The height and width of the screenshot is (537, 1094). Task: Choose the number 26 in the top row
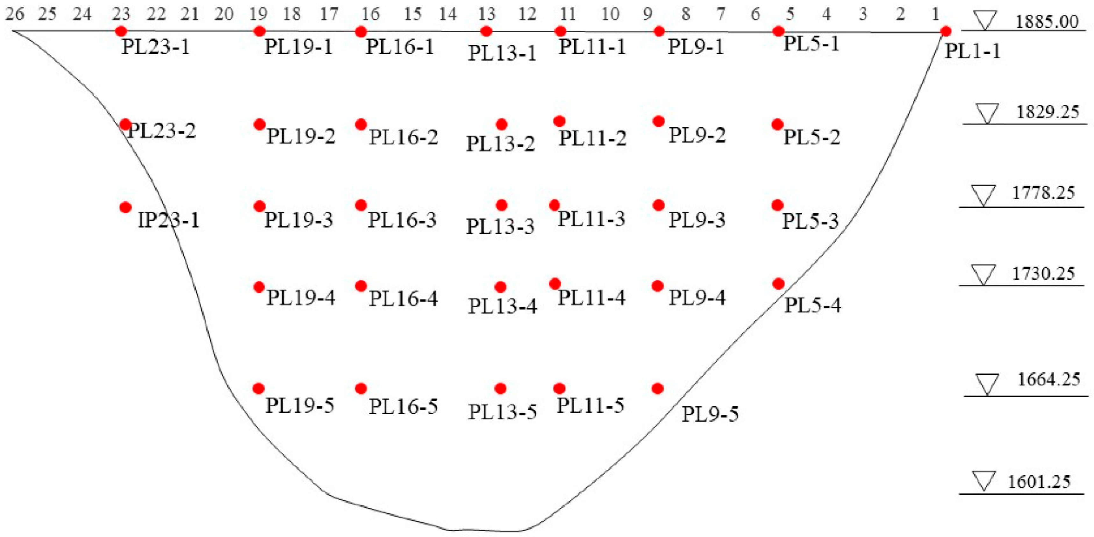point(15,14)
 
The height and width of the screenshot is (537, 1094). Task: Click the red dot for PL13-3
point(502,205)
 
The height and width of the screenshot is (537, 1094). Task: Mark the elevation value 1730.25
point(1043,273)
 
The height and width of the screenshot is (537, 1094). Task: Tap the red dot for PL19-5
point(259,388)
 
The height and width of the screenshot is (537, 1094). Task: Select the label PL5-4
point(812,305)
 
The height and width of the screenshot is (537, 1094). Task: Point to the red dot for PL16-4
point(361,286)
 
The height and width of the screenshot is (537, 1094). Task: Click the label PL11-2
point(592,138)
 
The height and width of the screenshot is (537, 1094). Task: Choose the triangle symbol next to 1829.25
point(987,114)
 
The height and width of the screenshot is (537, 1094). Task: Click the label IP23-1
point(168,220)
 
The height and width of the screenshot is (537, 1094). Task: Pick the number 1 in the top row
point(935,14)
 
